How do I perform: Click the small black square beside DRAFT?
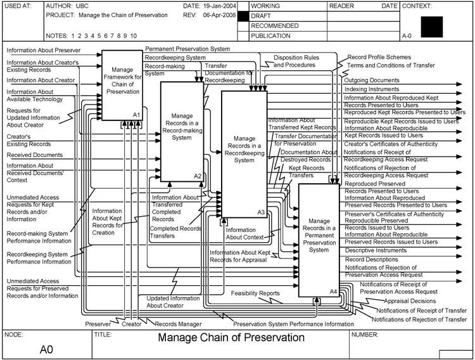coord(242,15)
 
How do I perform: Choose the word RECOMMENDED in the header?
coord(275,26)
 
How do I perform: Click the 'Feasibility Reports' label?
coord(255,293)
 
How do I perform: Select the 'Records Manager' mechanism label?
coord(178,324)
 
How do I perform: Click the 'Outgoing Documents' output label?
coord(372,80)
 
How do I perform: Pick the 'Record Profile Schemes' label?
coord(379,57)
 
